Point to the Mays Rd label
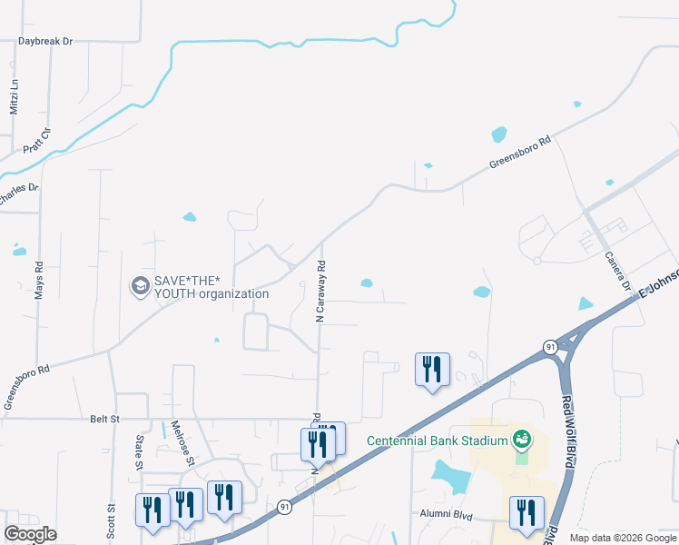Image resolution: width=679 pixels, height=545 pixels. click(39, 282)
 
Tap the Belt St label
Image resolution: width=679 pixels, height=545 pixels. click(105, 419)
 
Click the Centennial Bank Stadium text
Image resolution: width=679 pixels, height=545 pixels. click(437, 441)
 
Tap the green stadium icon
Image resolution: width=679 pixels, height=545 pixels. click(522, 441)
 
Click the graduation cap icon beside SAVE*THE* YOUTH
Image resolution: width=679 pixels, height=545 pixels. click(140, 286)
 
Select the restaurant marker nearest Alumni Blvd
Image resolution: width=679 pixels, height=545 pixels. click(526, 511)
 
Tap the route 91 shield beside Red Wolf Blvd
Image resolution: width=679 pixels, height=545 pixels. click(550, 347)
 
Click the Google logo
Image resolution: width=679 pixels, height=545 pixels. click(30, 534)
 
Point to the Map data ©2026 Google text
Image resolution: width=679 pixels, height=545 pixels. click(623, 538)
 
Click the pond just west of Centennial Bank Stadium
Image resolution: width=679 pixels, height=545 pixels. click(447, 473)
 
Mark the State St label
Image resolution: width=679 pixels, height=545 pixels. click(140, 451)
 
